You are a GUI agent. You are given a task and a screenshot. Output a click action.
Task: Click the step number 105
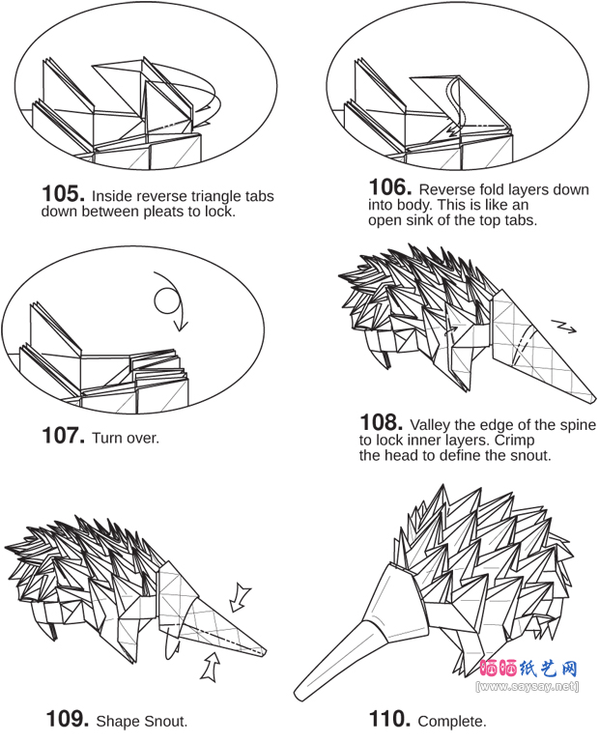(x=64, y=193)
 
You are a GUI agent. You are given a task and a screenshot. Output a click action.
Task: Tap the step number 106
(x=390, y=186)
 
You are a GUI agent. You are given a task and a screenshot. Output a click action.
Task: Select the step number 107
(x=64, y=436)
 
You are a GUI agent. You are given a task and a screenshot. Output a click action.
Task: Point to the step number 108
(x=382, y=422)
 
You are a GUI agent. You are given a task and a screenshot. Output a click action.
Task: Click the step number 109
(x=68, y=719)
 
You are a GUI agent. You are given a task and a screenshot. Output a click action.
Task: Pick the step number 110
(x=390, y=719)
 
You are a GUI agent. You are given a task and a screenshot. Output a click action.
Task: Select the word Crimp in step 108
(x=514, y=441)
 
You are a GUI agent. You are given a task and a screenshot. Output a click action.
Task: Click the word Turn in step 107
(x=106, y=439)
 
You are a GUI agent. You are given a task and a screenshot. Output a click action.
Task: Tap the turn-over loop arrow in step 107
(x=169, y=301)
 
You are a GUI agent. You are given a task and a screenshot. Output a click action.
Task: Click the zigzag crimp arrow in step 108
(x=563, y=327)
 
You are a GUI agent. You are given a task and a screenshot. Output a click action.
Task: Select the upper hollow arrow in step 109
(x=241, y=599)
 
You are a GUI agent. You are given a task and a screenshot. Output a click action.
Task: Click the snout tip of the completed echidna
(x=299, y=695)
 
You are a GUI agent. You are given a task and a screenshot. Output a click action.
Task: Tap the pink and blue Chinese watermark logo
(x=528, y=669)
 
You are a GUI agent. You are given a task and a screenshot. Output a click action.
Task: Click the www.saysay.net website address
(x=528, y=686)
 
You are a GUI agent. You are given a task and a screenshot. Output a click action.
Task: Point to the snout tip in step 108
(x=593, y=400)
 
